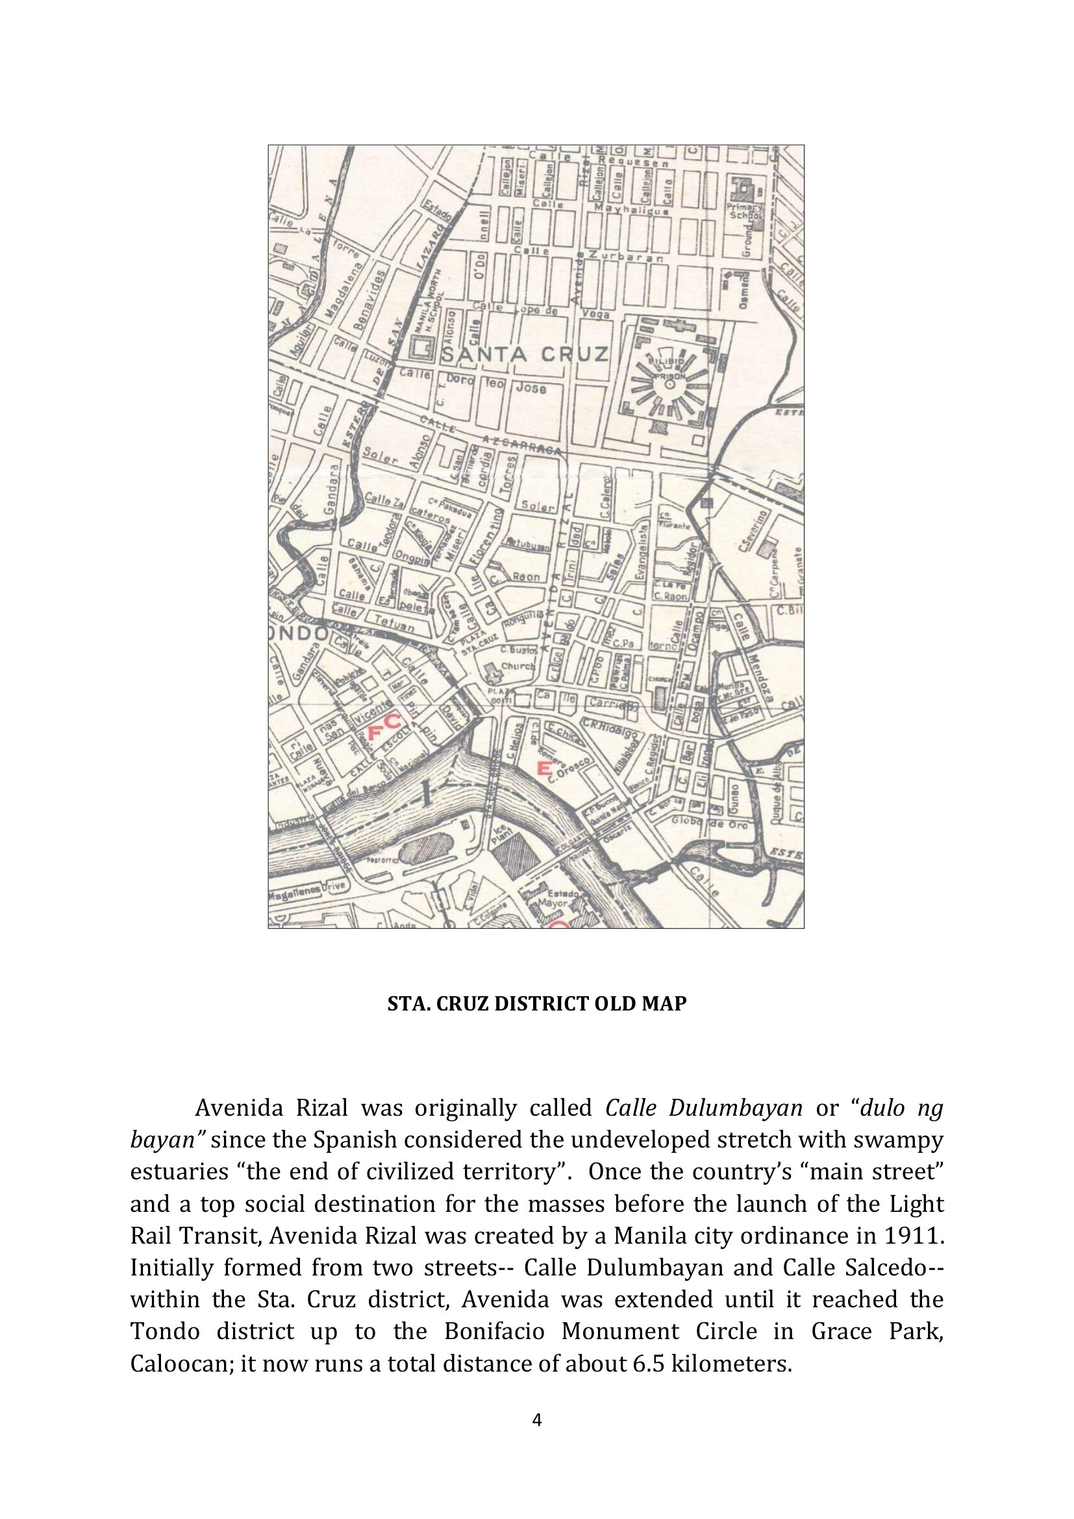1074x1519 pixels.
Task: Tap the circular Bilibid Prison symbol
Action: (669, 383)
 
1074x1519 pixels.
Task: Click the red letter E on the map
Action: (544, 768)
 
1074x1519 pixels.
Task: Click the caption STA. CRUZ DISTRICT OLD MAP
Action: (536, 1004)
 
